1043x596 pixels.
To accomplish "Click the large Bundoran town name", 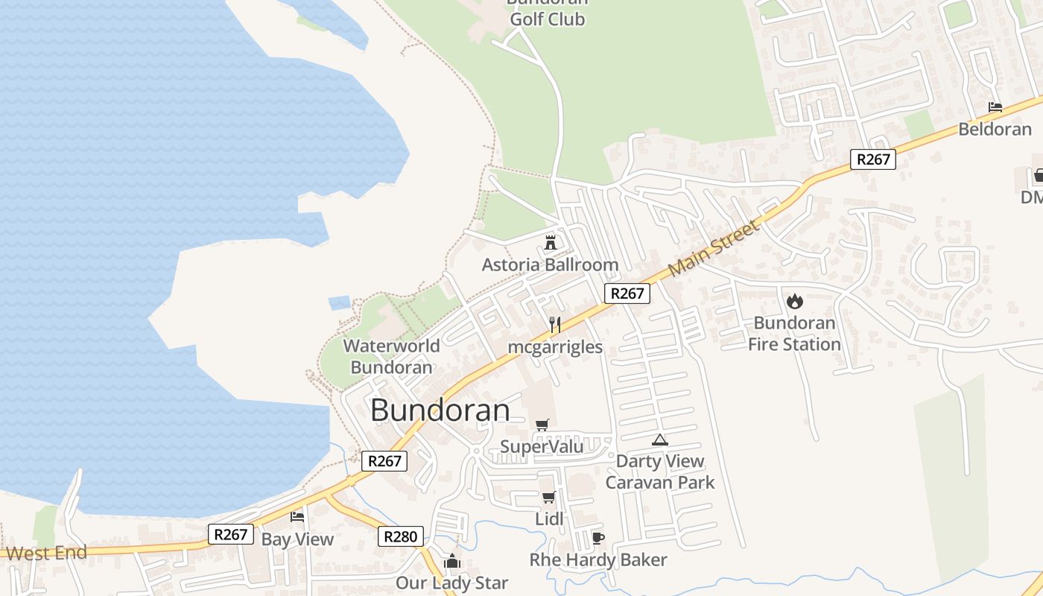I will [x=440, y=410].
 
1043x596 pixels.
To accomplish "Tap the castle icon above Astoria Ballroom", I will [x=551, y=242].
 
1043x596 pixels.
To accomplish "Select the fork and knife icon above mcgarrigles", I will [x=555, y=325].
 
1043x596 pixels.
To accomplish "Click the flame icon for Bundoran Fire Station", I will [x=794, y=301].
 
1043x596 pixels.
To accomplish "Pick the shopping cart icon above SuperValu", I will [x=542, y=425].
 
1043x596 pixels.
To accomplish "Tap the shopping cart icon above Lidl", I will [x=549, y=497].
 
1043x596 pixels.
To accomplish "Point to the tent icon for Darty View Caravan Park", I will [x=659, y=440].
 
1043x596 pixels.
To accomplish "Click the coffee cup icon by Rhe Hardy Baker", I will [x=597, y=538].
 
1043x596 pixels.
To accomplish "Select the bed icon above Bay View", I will [x=297, y=516].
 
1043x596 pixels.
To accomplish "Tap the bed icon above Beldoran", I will [x=995, y=107].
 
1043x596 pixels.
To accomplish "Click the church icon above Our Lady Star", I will [x=452, y=560].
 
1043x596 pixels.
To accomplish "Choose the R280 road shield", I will [x=401, y=536].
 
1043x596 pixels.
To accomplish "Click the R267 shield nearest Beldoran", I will [x=872, y=159].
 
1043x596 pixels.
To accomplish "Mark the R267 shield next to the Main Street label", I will [x=627, y=294].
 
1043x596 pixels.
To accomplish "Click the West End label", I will [x=46, y=553].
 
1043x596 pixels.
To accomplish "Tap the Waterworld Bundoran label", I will [x=391, y=356].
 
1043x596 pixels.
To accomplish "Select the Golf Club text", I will [x=548, y=19].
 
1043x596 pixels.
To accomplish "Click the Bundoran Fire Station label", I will [x=794, y=333].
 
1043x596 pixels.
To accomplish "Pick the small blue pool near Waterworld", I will [x=339, y=302].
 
